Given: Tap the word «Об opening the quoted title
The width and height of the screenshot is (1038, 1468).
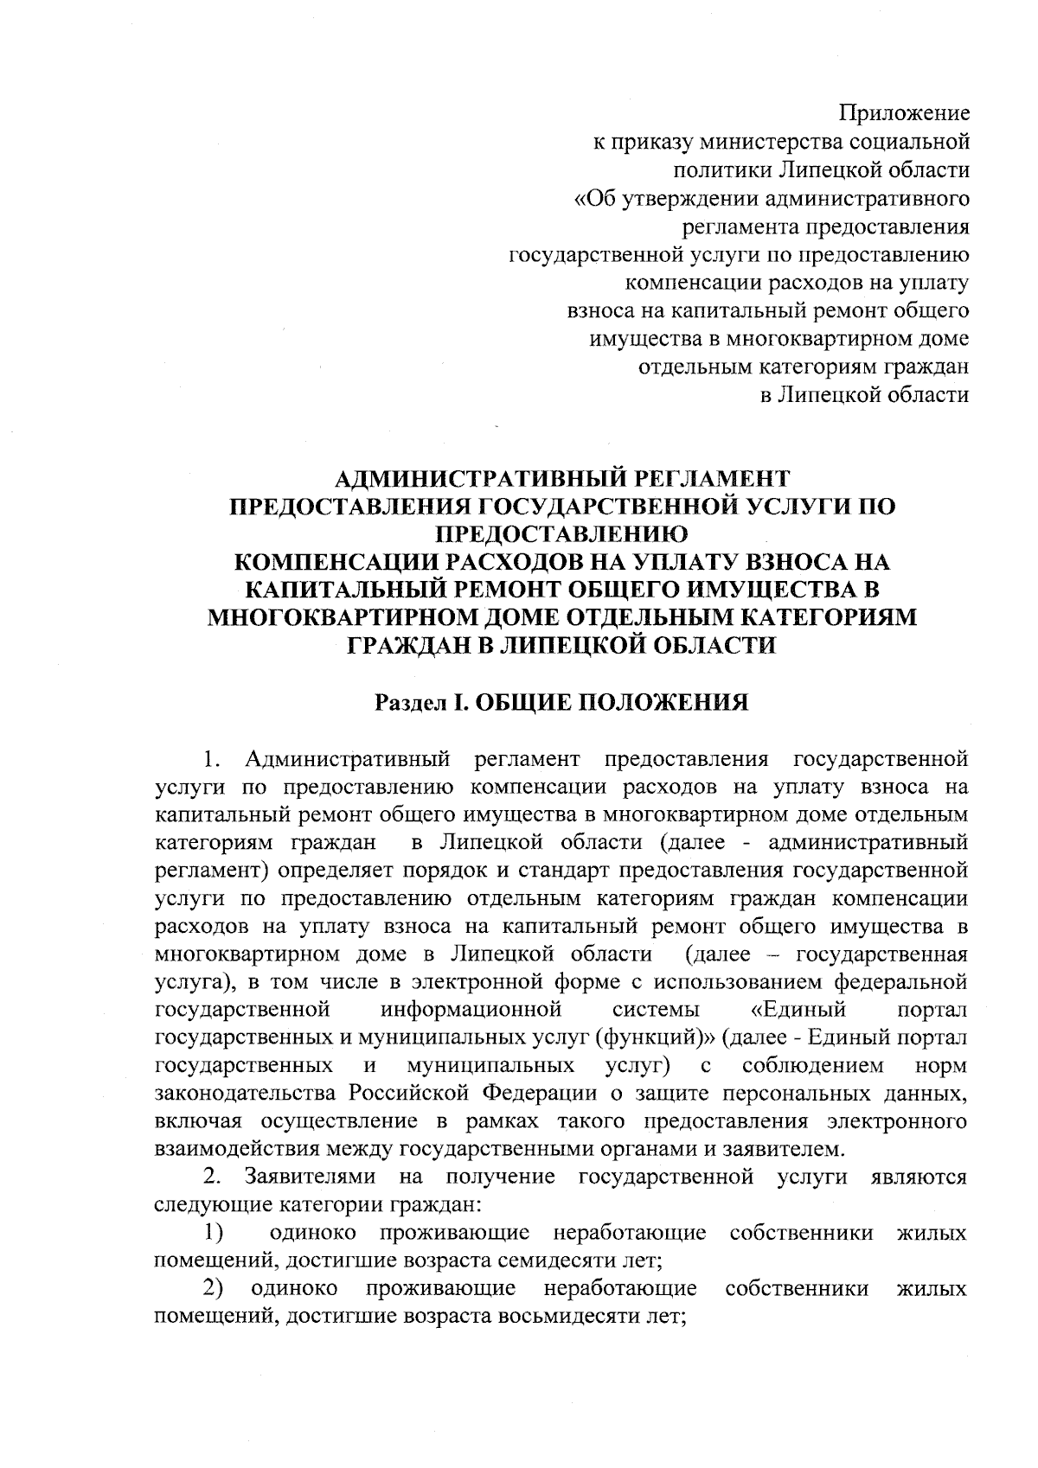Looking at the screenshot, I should [x=596, y=198].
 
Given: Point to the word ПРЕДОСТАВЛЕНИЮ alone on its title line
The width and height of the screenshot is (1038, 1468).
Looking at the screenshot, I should [x=561, y=534].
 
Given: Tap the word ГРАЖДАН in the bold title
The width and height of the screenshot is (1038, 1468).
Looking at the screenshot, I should [x=410, y=646].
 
